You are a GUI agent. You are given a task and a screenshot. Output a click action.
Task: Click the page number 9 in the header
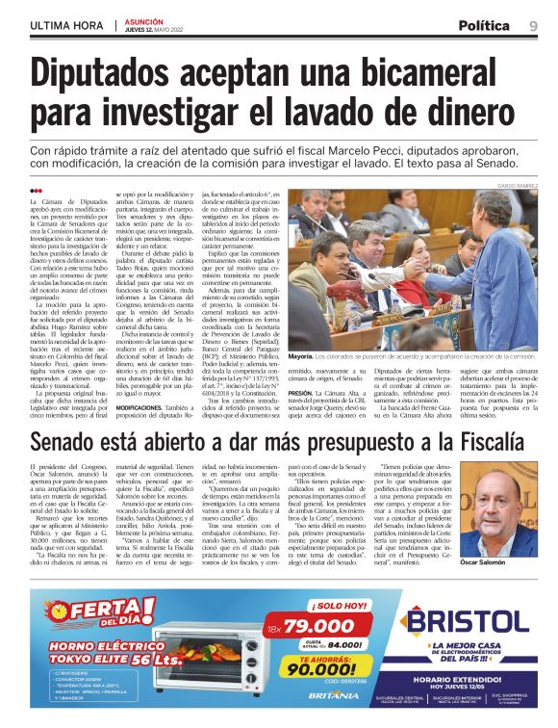click(533, 25)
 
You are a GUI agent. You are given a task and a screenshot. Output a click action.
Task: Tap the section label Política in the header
click(484, 25)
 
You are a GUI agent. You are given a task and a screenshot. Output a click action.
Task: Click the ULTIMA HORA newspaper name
click(66, 26)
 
